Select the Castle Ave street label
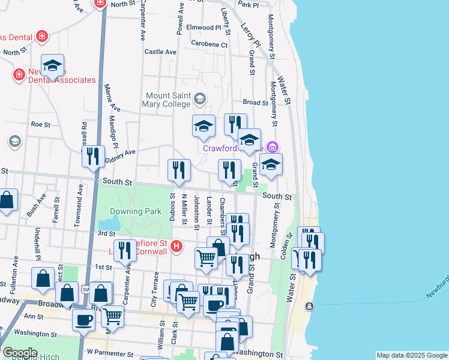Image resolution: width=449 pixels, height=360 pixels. click(160, 52)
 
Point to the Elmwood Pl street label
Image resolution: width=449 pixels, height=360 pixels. click(204, 28)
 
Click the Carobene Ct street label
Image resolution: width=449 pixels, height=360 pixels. click(209, 44)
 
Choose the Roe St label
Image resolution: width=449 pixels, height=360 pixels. click(40, 124)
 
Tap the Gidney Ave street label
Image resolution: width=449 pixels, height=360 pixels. click(120, 157)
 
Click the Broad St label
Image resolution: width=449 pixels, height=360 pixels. click(255, 103)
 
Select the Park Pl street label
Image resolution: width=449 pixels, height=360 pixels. click(248, 4)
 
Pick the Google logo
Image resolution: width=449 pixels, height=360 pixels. click(20, 353)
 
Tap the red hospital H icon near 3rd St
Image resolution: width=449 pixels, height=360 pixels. click(176, 245)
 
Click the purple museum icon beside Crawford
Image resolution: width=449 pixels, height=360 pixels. click(273, 147)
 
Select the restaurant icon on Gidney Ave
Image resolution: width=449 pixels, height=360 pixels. click(93, 156)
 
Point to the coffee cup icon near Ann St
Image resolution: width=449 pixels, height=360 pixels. click(83, 319)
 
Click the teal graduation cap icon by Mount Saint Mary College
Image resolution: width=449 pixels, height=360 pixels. click(200, 97)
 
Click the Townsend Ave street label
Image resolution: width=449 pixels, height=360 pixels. click(79, 206)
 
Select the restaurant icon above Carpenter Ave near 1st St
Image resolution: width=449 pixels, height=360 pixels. click(125, 250)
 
